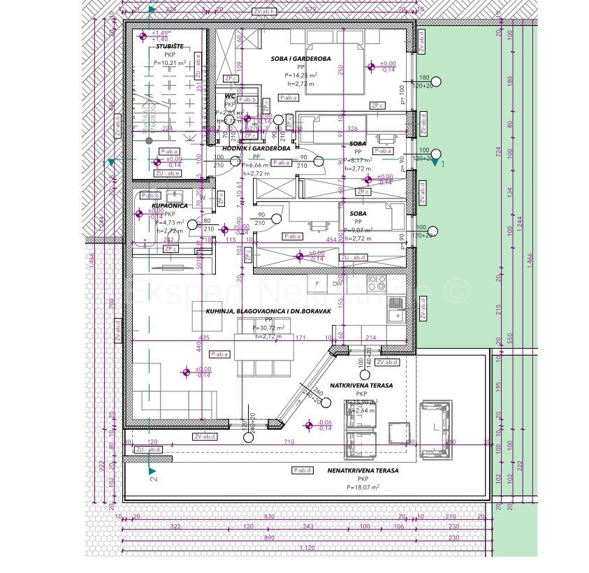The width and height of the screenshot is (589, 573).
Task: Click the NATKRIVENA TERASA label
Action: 361,385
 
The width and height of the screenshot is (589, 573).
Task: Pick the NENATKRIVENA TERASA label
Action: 363,471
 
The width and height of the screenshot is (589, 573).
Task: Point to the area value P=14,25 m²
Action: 300,75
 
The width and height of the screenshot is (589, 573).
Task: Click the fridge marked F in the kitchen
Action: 317,283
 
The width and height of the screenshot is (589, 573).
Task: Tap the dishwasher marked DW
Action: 337,283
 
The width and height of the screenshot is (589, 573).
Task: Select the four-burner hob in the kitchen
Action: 377,282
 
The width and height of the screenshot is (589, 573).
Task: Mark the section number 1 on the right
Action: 442,162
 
